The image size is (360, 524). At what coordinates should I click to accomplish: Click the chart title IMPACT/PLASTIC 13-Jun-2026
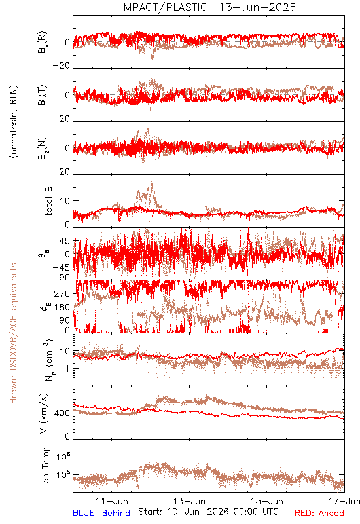pos(208,7)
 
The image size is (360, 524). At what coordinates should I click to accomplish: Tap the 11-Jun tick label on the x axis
pos(112,501)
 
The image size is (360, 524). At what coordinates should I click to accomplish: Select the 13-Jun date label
pos(189,501)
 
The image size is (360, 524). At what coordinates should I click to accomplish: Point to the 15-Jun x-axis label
pos(267,501)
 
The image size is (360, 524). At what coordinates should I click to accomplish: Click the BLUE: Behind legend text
pos(101,513)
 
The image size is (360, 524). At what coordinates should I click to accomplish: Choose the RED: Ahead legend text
pos(319,513)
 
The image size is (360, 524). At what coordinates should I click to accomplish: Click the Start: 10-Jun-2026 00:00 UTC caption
pos(208,512)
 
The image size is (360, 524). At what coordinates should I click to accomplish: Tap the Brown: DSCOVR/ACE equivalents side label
pos(13,333)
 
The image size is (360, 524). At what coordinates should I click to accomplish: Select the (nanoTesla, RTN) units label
pos(14,122)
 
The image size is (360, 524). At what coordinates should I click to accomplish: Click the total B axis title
pos(48,201)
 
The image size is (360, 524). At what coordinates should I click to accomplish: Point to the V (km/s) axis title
pos(44,413)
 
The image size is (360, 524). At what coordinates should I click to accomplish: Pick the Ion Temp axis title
pos(45,466)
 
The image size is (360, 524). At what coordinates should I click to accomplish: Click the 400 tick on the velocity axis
pos(62,413)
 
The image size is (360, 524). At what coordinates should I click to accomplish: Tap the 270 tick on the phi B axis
pos(62,293)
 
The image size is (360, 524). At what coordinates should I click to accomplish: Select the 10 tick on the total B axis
pos(65,201)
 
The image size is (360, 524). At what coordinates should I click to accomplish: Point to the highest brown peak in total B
pos(153,183)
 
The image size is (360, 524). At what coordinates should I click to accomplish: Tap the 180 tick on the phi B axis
pos(62,307)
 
